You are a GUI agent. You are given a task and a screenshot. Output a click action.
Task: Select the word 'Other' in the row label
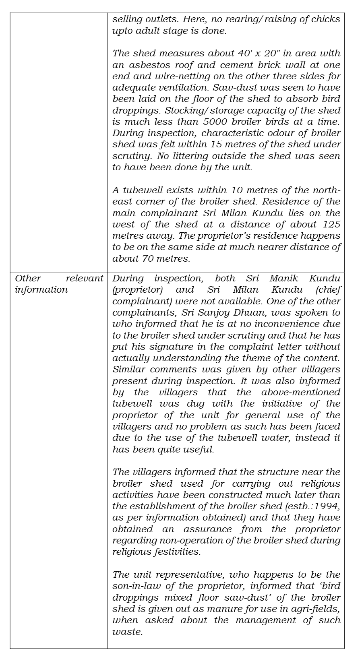click(28, 278)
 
